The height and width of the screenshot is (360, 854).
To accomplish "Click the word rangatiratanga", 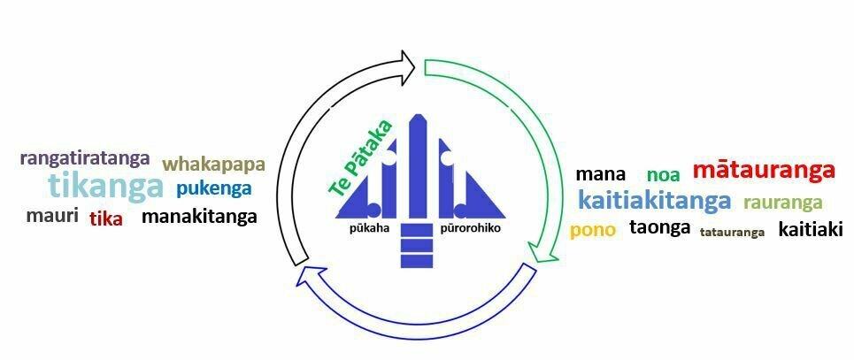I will pyautogui.click(x=85, y=159).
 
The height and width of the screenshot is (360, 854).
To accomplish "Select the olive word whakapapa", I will pyautogui.click(x=213, y=165).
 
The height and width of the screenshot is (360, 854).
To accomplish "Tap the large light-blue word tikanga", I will pyautogui.click(x=105, y=187).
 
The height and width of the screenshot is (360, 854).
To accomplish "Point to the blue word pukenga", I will pyautogui.click(x=213, y=188).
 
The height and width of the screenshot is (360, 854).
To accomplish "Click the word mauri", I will pyautogui.click(x=52, y=216).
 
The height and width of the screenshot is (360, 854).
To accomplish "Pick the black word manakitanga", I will pyautogui.click(x=199, y=216).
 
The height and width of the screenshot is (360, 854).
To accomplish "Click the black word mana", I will pyautogui.click(x=600, y=174).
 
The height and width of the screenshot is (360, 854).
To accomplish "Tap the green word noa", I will pyautogui.click(x=663, y=175).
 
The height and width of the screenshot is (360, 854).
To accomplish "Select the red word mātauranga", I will pyautogui.click(x=764, y=170).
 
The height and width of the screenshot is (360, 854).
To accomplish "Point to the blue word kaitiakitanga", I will pyautogui.click(x=655, y=201).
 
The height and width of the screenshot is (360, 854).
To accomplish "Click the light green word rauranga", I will pyautogui.click(x=782, y=203).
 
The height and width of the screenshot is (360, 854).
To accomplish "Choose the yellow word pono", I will pyautogui.click(x=593, y=231).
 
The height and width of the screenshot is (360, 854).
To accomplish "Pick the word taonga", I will pyautogui.click(x=659, y=227).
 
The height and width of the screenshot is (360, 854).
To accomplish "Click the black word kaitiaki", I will pyautogui.click(x=810, y=230).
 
